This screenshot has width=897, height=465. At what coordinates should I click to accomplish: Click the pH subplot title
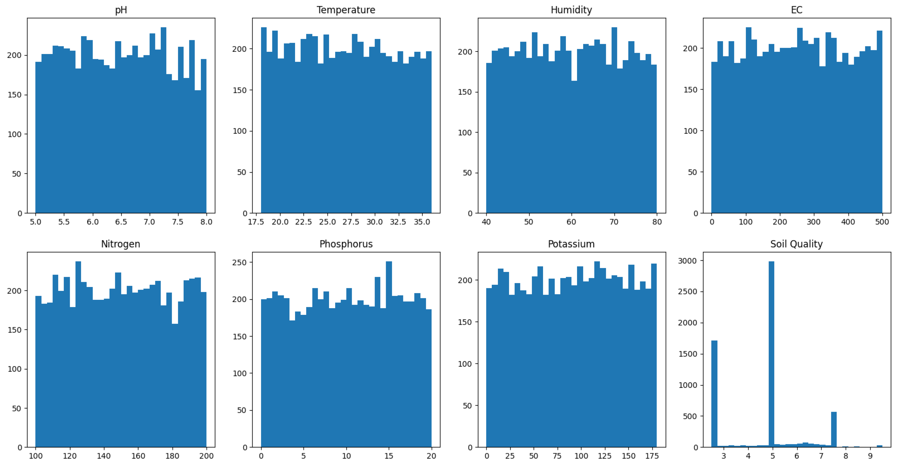coord(121,10)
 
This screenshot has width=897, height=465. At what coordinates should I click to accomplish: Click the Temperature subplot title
coord(346,10)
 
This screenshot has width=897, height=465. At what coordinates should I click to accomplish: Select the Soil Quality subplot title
coord(796,244)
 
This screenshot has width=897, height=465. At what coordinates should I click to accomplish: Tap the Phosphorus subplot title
coord(346,244)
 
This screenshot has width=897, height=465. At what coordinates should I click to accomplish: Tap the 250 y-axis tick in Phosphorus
coord(240,262)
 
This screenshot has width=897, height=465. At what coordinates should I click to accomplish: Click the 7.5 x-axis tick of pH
coord(177,222)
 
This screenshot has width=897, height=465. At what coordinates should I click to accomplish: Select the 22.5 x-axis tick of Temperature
coord(303,222)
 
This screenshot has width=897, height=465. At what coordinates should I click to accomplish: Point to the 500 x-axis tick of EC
coord(882,222)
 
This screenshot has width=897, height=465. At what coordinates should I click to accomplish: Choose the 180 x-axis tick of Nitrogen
coord(172,456)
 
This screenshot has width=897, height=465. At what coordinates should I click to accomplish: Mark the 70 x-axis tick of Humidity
coord(614,222)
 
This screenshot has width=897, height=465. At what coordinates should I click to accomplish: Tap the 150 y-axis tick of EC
coord(690,90)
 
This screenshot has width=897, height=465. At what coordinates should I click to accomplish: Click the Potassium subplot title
coord(571,244)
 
